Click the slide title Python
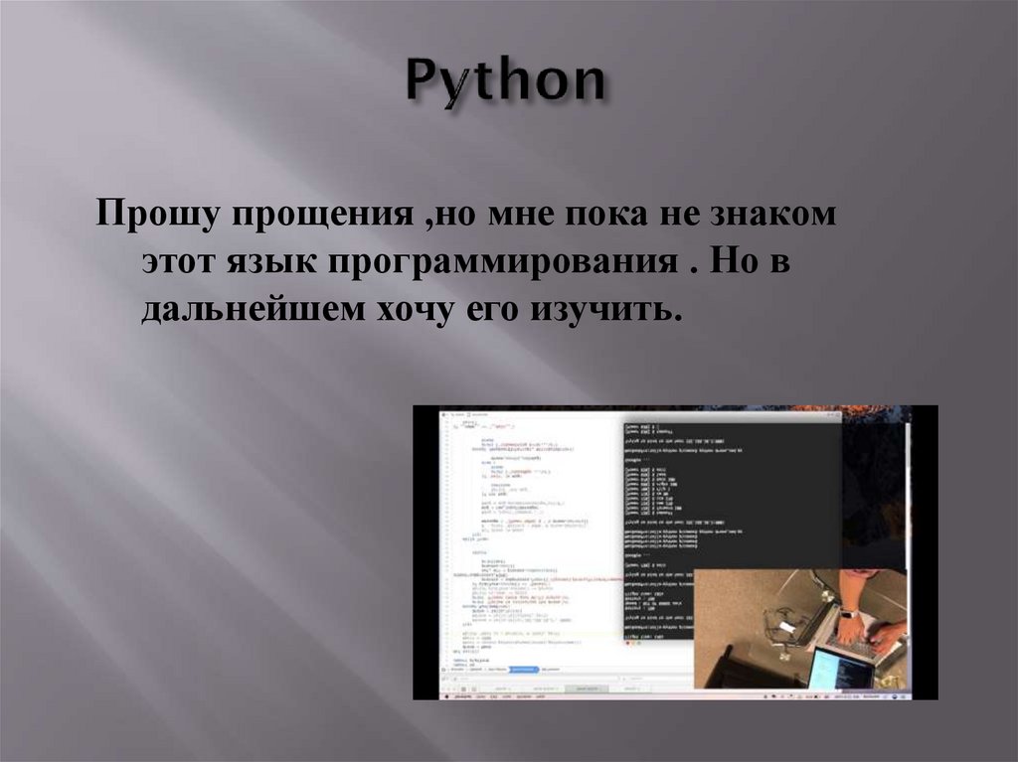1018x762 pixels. click(506, 82)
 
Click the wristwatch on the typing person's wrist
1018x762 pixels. click(848, 614)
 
